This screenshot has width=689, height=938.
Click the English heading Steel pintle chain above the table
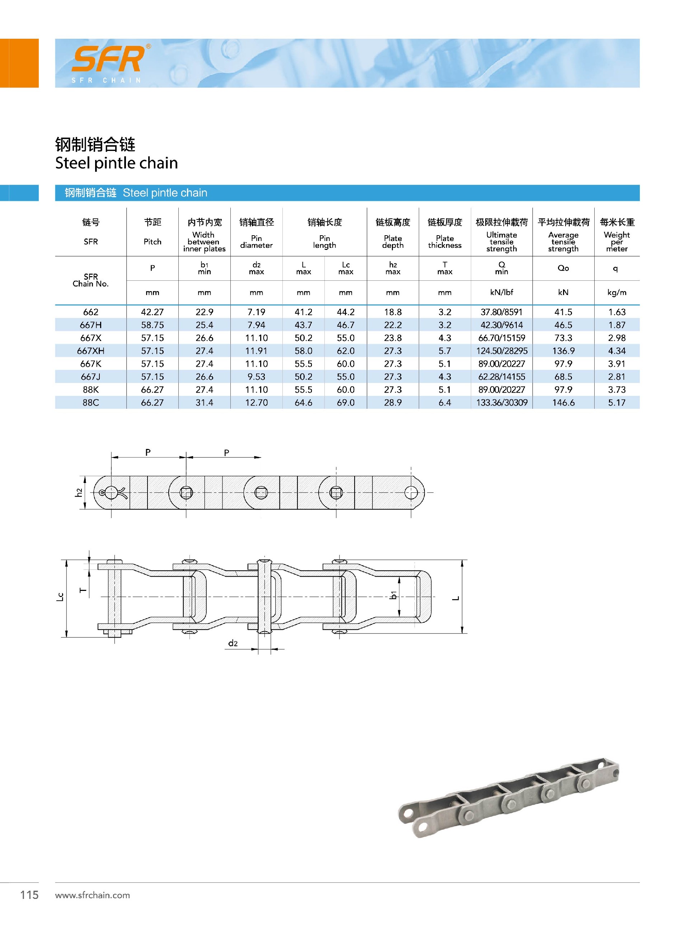[x=116, y=163]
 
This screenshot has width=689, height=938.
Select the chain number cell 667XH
[x=90, y=351]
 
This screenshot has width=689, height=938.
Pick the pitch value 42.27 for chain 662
[x=152, y=312]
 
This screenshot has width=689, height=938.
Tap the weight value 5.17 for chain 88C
[x=617, y=403]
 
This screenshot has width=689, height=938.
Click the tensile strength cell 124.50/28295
[x=501, y=351]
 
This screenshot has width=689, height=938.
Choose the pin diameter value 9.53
[x=256, y=377]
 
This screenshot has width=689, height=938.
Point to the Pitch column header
[x=152, y=242]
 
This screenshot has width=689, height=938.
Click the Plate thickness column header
[x=445, y=242]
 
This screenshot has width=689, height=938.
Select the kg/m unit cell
[x=617, y=293]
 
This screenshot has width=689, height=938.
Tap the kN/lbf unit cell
[x=501, y=293]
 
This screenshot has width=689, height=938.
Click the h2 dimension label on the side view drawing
[x=78, y=493]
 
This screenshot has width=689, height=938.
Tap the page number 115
[x=29, y=895]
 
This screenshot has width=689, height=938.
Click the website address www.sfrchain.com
[x=93, y=895]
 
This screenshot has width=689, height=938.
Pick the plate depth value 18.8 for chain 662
[x=393, y=312]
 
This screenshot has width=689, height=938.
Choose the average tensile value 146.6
[x=563, y=403]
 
